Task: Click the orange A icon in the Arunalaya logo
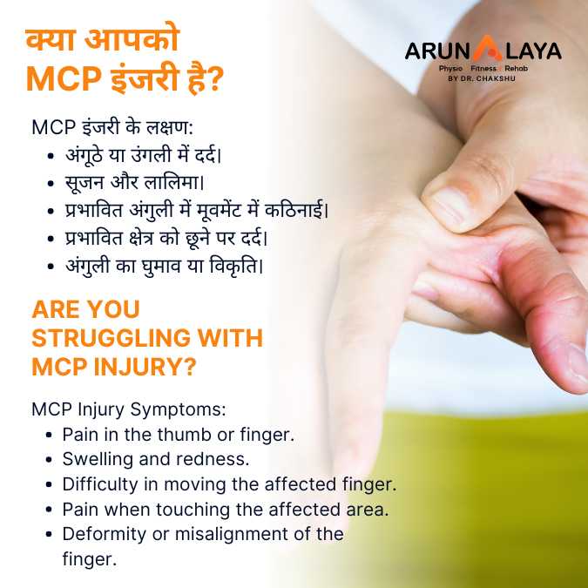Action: point(487,49)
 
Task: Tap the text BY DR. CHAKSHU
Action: point(482,78)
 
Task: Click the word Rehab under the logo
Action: point(516,68)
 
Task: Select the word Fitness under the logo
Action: point(483,68)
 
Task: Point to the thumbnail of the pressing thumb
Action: point(447,206)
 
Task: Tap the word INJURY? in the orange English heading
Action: point(145,367)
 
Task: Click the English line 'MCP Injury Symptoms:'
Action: point(129,409)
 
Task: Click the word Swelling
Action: point(98,459)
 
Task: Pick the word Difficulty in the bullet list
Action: point(100,484)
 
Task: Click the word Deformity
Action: point(105,534)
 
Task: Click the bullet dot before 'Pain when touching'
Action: point(49,510)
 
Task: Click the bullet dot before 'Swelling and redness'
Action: point(49,460)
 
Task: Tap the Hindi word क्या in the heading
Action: point(51,40)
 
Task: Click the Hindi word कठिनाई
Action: point(296,211)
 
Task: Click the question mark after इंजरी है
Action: point(215,79)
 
